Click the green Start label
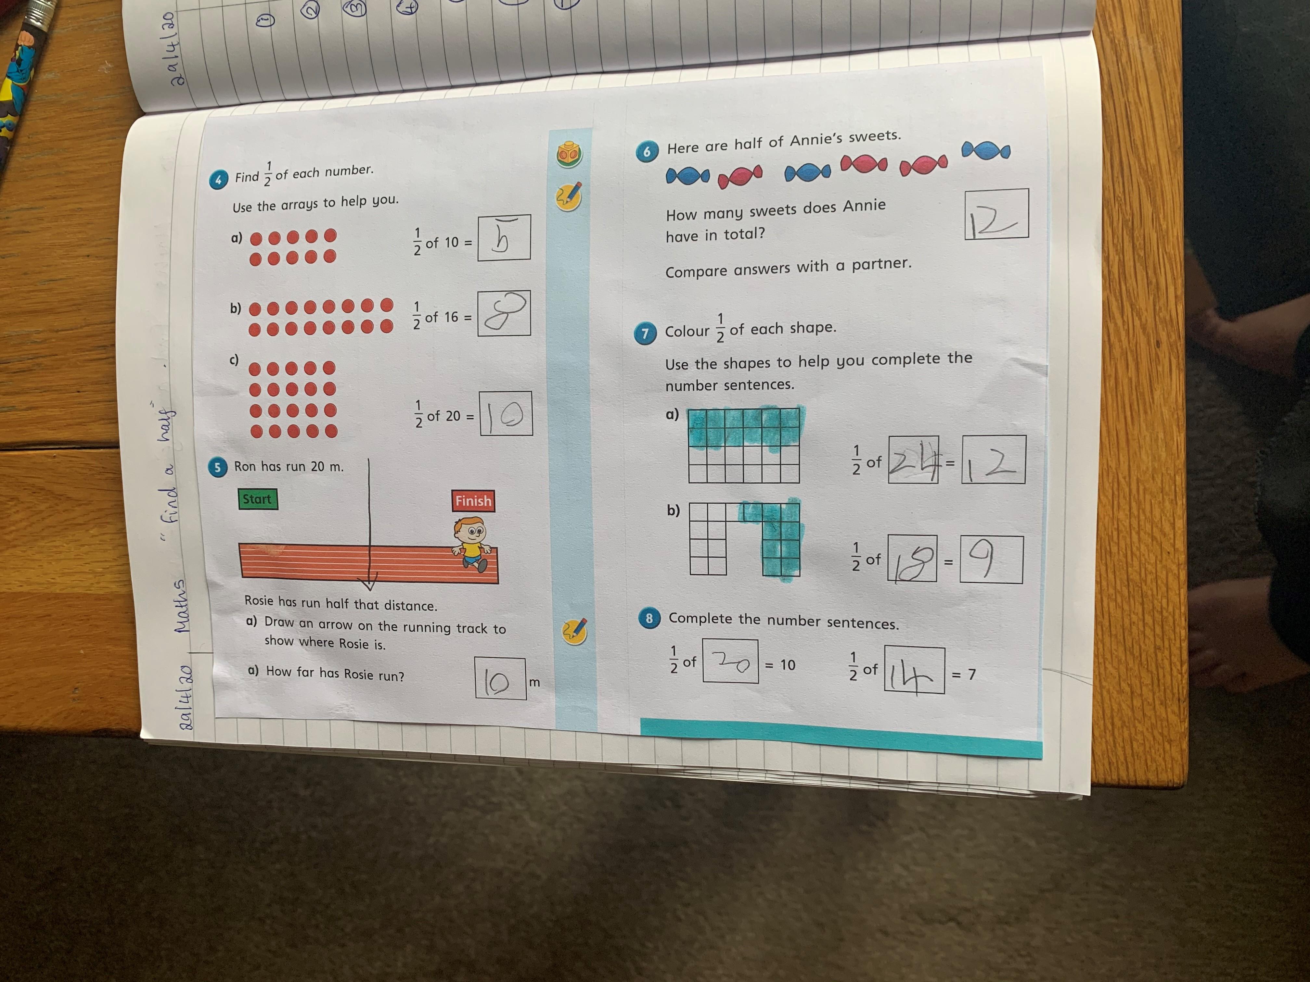tap(257, 499)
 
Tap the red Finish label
tap(473, 501)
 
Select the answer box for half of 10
tap(504, 237)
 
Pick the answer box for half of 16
tap(504, 313)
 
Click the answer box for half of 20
tap(506, 414)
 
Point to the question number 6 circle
tap(646, 152)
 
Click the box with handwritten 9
tap(991, 560)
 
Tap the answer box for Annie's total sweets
tap(997, 214)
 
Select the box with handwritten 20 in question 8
tap(730, 661)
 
